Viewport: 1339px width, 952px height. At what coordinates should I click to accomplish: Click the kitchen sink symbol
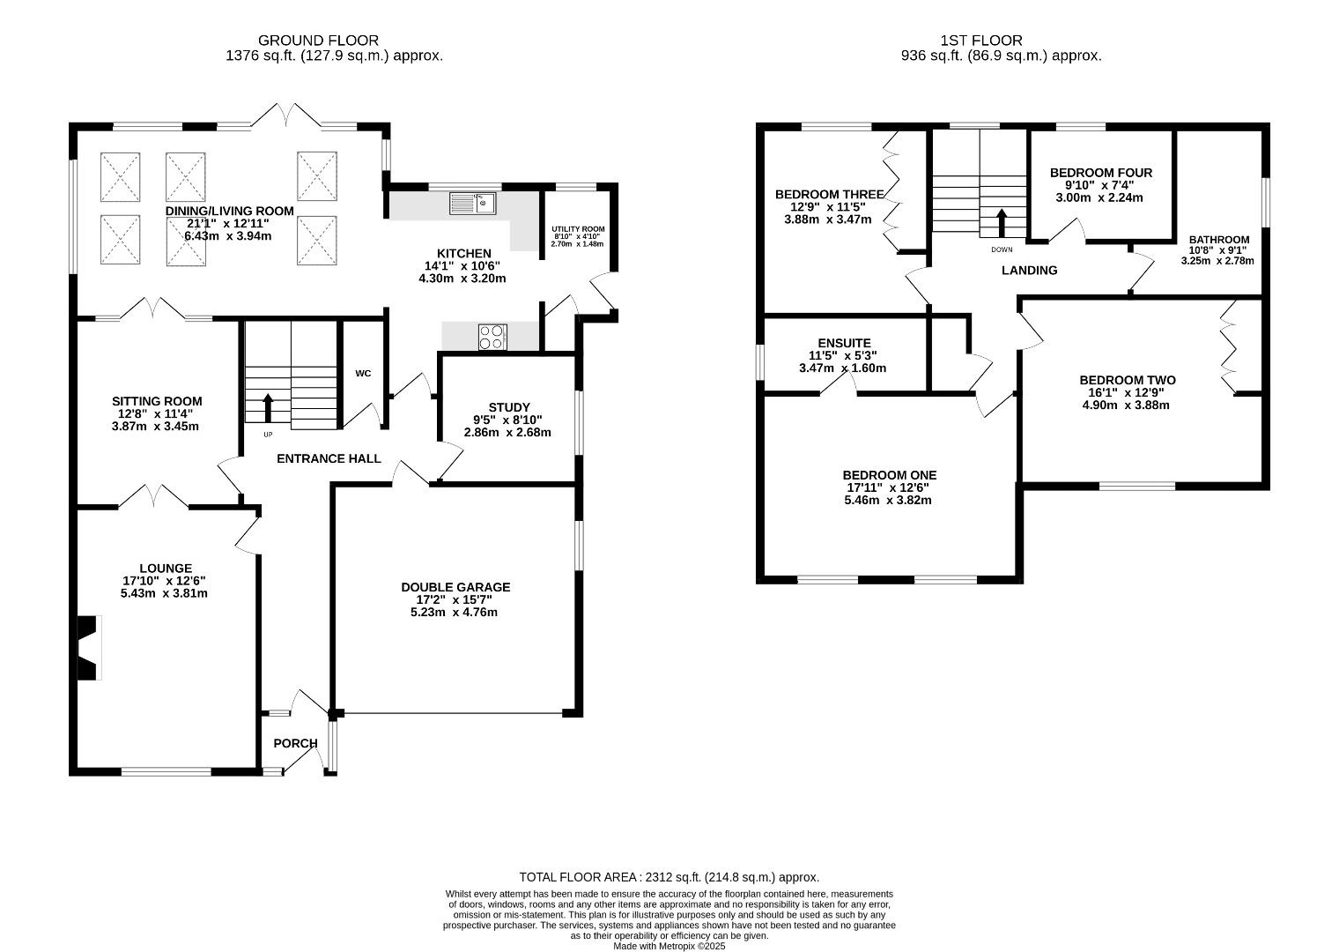tap(472, 204)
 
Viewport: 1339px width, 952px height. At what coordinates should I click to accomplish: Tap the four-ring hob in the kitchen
tap(492, 337)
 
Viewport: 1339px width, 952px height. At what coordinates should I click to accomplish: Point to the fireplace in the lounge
tap(88, 648)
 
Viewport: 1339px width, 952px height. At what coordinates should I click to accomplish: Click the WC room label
tap(363, 374)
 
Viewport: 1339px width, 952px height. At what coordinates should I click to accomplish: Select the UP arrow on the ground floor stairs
tap(268, 408)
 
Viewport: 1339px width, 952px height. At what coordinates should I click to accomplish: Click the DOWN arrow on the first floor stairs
tap(1002, 222)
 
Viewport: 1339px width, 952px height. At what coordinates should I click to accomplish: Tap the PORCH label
tap(295, 743)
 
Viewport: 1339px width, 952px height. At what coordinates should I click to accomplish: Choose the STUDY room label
tap(509, 407)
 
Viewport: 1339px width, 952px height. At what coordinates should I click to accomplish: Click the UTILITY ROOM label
tap(578, 229)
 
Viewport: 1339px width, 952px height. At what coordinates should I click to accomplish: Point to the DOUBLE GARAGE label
tap(455, 587)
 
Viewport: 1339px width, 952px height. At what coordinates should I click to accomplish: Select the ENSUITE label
tap(844, 343)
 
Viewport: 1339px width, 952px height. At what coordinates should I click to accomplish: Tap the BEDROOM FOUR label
tap(1101, 173)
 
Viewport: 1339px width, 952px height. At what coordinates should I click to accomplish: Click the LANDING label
tap(1029, 271)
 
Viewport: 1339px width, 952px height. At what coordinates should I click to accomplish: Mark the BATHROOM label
tap(1219, 240)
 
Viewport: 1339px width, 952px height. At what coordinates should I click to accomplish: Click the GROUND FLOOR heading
tap(318, 40)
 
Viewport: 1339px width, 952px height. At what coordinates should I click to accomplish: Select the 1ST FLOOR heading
tap(981, 40)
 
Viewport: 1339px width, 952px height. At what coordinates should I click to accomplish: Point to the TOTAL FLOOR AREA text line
tap(669, 877)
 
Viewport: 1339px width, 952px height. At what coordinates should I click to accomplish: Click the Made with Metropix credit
tap(669, 947)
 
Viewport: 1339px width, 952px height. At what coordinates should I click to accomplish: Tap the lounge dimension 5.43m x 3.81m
tap(164, 593)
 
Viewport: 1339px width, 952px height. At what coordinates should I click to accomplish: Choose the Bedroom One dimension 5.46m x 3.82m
tap(888, 500)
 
